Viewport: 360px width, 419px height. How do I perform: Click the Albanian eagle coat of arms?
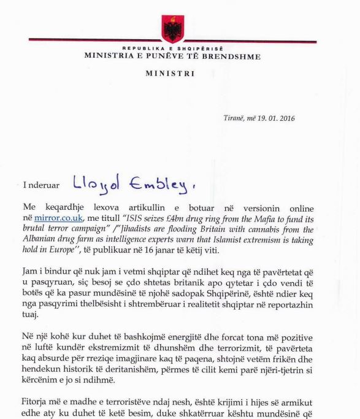pos(172,28)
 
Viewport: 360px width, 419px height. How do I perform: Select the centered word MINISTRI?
pos(172,74)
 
